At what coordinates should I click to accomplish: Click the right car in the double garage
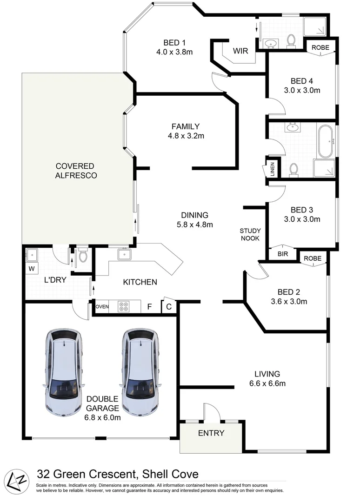pyautogui.click(x=139, y=372)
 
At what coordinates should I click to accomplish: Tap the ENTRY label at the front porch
pyautogui.click(x=211, y=433)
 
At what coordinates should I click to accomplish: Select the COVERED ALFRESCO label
pyautogui.click(x=75, y=171)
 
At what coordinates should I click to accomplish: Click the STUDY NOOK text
pyautogui.click(x=250, y=234)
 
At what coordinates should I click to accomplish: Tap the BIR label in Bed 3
pyautogui.click(x=282, y=254)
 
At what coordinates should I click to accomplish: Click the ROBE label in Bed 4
pyautogui.click(x=320, y=47)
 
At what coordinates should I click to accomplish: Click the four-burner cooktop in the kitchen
pyautogui.click(x=125, y=307)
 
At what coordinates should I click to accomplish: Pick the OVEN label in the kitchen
pyautogui.click(x=101, y=307)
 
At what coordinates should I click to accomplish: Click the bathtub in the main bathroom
pyautogui.click(x=325, y=141)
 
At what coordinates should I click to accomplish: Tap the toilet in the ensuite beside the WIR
pyautogui.click(x=292, y=41)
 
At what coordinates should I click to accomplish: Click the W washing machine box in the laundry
pyautogui.click(x=32, y=268)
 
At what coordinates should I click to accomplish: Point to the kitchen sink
pyautogui.click(x=124, y=254)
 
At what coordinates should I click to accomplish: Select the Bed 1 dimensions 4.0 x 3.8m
pyautogui.click(x=174, y=52)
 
